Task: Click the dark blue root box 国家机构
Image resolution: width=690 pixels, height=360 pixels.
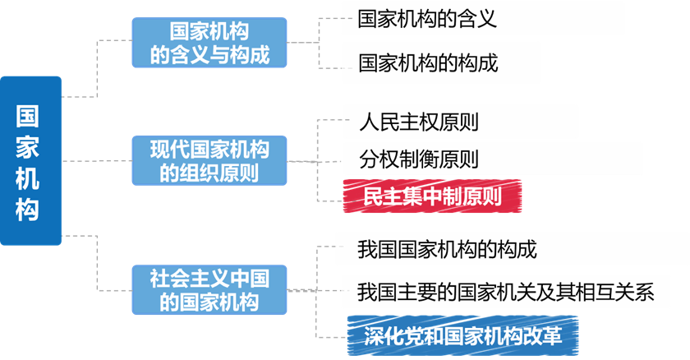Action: (30, 161)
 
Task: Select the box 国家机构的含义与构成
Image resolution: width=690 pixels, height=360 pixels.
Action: (209, 43)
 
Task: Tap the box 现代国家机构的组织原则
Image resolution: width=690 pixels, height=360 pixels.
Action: (209, 161)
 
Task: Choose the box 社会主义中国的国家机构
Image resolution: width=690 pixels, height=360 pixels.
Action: (209, 289)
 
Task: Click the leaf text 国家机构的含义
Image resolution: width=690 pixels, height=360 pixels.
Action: (427, 20)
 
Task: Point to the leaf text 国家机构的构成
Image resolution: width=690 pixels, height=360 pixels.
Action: (428, 62)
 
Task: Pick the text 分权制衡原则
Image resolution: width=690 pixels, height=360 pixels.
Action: (419, 158)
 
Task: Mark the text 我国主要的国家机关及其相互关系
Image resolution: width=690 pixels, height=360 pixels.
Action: (506, 291)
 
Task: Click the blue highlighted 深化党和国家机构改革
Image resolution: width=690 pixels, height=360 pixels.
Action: (462, 336)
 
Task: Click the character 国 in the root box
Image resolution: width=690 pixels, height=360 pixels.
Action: (28, 114)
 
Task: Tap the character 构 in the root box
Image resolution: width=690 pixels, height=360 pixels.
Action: (28, 209)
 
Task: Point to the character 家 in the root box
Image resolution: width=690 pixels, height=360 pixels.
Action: (28, 145)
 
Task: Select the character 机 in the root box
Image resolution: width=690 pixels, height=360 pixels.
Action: (28, 178)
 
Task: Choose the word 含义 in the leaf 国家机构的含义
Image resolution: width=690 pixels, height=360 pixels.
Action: (477, 20)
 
